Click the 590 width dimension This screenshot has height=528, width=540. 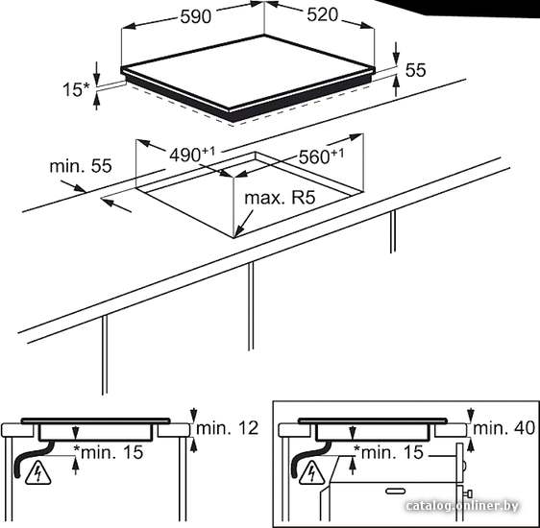(195, 16)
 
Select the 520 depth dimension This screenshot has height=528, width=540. (322, 14)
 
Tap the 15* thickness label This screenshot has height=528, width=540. (76, 90)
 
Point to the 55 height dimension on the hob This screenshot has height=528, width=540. (416, 70)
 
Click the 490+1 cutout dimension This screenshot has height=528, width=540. (192, 155)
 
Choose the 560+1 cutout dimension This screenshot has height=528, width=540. (321, 156)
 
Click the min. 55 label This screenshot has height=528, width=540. (81, 166)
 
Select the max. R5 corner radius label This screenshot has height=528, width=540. (280, 198)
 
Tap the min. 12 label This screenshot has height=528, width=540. (228, 428)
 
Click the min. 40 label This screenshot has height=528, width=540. (503, 428)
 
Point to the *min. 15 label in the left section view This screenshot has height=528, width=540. (109, 451)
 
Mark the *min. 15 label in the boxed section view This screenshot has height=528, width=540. (388, 451)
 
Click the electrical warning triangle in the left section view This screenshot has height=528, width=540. (38, 473)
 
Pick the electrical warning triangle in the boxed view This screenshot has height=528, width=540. (311, 473)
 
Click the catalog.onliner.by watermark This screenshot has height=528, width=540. (462, 506)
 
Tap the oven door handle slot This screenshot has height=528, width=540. (395, 492)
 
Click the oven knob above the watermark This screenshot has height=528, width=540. (467, 494)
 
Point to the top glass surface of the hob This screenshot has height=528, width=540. (249, 71)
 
